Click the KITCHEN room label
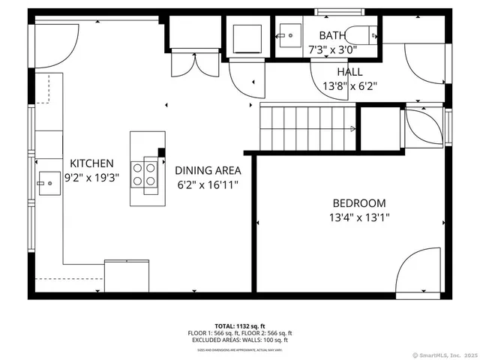tap(91, 163)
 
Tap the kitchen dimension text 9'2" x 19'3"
tap(91, 178)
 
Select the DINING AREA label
tap(208, 170)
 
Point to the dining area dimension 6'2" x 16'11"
tap(208, 184)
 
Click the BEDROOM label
tap(359, 203)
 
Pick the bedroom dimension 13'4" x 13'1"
tap(359, 217)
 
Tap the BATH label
tap(332, 35)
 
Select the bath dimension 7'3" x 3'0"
tap(332, 49)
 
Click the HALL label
tap(349, 71)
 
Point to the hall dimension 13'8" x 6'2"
tap(349, 85)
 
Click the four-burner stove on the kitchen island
tap(148, 174)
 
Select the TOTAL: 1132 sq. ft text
tap(240, 326)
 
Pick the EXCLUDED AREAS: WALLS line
tap(240, 340)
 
